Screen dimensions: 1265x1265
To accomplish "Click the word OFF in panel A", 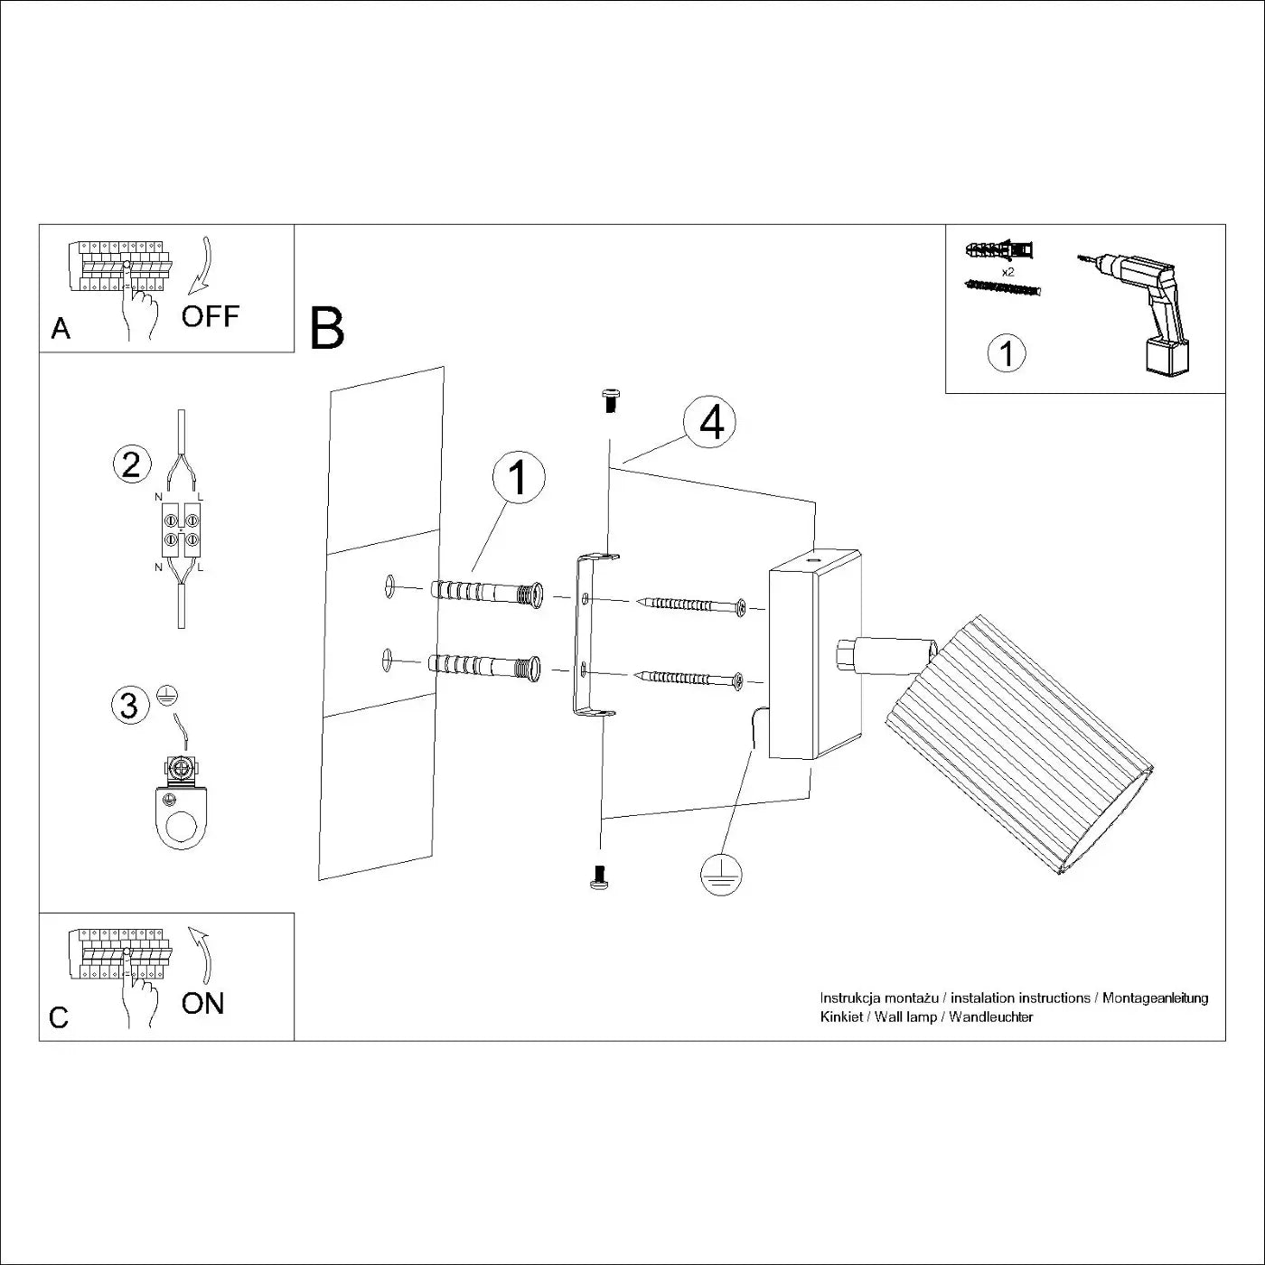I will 210,316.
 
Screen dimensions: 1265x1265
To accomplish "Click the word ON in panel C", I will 202,1003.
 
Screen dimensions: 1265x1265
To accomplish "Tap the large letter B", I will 327,329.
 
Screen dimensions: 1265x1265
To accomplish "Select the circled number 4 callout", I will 710,422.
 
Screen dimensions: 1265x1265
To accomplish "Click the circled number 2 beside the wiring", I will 131,464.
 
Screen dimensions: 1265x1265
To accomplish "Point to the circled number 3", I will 129,705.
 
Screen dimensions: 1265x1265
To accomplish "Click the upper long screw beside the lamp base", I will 692,605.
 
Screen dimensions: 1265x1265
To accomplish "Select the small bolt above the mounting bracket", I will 610,399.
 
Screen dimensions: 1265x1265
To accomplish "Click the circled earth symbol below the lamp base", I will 720,874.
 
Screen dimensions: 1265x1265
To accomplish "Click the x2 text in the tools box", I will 1007,271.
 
